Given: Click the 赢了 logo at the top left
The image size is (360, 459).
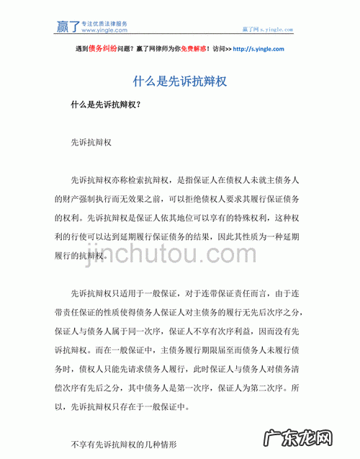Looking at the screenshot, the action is coord(68,26).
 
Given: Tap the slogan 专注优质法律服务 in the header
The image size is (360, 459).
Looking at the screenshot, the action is coord(104,23).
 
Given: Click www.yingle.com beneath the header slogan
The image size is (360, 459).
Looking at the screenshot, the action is coord(104,30).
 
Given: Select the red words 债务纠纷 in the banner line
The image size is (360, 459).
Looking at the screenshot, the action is coord(101,49).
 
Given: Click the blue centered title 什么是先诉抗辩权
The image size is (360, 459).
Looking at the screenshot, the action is coord(180,81).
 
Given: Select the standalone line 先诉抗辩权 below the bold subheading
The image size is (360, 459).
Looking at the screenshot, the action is coord(90,143).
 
